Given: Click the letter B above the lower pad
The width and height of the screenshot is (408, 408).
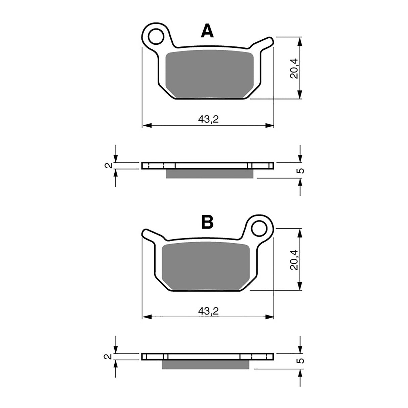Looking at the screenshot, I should pyautogui.click(x=207, y=222).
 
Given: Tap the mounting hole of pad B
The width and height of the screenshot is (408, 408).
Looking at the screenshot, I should pyautogui.click(x=260, y=228).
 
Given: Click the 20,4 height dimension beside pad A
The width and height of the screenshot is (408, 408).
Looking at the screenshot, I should pyautogui.click(x=294, y=68).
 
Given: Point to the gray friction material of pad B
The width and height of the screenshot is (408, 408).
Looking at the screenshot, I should pyautogui.click(x=206, y=267).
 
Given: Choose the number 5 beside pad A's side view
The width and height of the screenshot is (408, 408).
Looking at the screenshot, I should pyautogui.click(x=301, y=170).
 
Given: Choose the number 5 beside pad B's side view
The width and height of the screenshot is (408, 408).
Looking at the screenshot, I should pyautogui.click(x=301, y=361).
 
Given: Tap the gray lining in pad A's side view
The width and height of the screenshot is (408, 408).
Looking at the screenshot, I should pyautogui.click(x=210, y=173).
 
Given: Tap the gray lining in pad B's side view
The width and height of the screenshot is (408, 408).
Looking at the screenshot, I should pyautogui.click(x=205, y=365).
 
